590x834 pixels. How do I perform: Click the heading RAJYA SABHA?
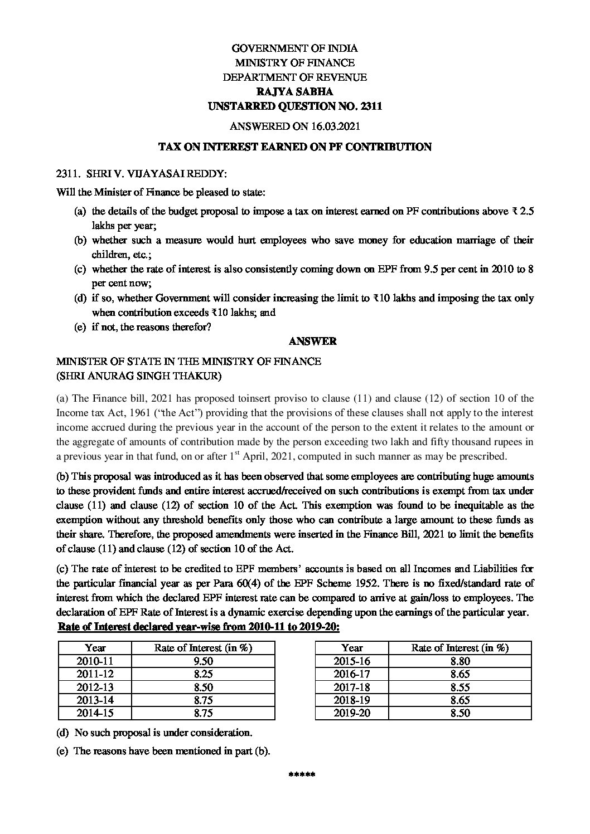pyautogui.click(x=294, y=92)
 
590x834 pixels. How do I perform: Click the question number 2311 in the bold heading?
pyautogui.click(x=370, y=106)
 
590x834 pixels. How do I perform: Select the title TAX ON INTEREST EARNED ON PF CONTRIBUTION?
pyautogui.click(x=294, y=147)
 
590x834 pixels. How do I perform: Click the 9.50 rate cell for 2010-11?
pyautogui.click(x=202, y=661)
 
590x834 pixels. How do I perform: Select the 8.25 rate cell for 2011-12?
pyautogui.click(x=202, y=674)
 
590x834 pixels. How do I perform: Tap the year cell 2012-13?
pyautogui.click(x=95, y=687)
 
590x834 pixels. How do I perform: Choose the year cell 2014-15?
pyautogui.click(x=95, y=712)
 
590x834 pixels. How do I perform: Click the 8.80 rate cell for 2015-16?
pyautogui.click(x=460, y=661)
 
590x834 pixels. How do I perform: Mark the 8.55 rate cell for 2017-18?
pyautogui.click(x=460, y=687)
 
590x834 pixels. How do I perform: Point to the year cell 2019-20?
pyautogui.click(x=352, y=712)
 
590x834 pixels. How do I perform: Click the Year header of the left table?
pyautogui.click(x=95, y=648)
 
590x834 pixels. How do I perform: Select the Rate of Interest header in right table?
pyautogui.click(x=460, y=648)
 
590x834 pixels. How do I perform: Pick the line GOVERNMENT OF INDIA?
pyautogui.click(x=294, y=49)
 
